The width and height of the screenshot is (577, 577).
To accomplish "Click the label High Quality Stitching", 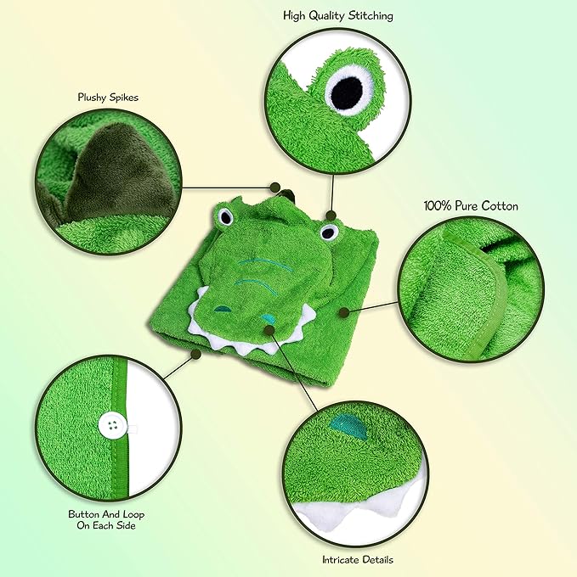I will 338,16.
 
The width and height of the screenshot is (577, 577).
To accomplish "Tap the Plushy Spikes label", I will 107,98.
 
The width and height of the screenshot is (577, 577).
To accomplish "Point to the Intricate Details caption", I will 357,560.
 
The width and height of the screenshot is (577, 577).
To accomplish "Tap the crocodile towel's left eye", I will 225,217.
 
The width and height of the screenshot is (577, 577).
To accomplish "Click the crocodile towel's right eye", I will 330,230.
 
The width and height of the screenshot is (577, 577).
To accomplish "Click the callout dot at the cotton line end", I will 343,312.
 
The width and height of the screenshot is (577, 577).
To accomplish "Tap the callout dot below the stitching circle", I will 331,216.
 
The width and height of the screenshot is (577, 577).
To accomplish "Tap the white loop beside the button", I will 133,427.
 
